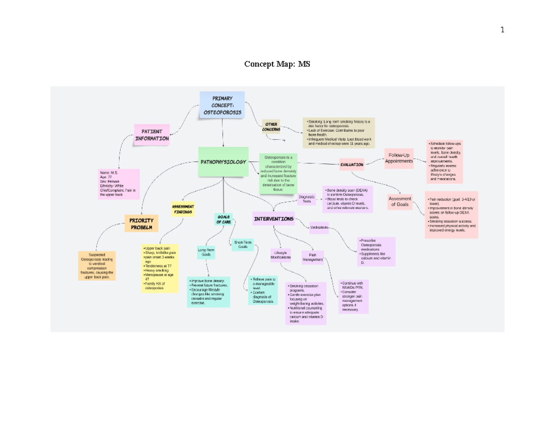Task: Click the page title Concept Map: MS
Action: point(277,64)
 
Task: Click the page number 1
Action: point(502,30)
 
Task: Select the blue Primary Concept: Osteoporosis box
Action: point(222,105)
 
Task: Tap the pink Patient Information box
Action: point(152,135)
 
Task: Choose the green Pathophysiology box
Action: point(223,162)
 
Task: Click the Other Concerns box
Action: point(271,127)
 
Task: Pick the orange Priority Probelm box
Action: point(141,224)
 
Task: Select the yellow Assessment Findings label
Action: point(183,209)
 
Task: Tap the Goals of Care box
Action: point(224,219)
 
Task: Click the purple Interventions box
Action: point(274,219)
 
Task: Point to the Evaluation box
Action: point(352,164)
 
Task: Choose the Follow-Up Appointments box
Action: point(399,158)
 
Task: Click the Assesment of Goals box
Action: point(400,202)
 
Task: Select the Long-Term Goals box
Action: point(206,252)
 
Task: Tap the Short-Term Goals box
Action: point(243,245)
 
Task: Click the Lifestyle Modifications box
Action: point(281,255)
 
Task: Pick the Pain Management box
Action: point(313,257)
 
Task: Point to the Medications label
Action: point(319,228)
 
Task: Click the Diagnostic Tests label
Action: point(307,199)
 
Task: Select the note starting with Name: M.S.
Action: point(119,184)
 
